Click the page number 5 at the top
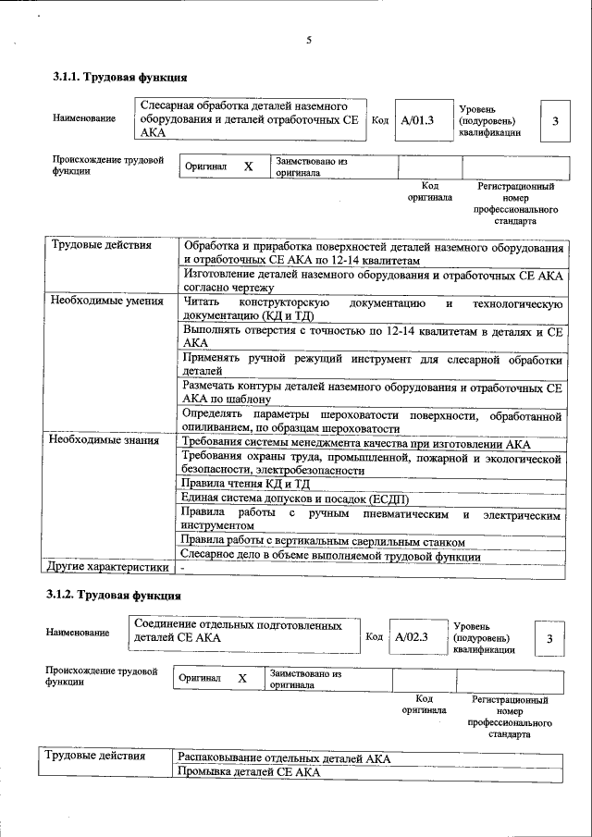pos(309,40)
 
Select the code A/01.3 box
pos(418,120)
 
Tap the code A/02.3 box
pos(412,636)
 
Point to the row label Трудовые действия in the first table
pos(96,246)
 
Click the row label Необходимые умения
pos(106,301)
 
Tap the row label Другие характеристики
pos(107,566)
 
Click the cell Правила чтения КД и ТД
pos(245,484)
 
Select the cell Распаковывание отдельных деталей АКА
pos(284,757)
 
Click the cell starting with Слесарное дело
pos(329,556)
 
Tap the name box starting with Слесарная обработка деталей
pos(250,120)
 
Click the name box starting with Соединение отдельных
pos(244,632)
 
